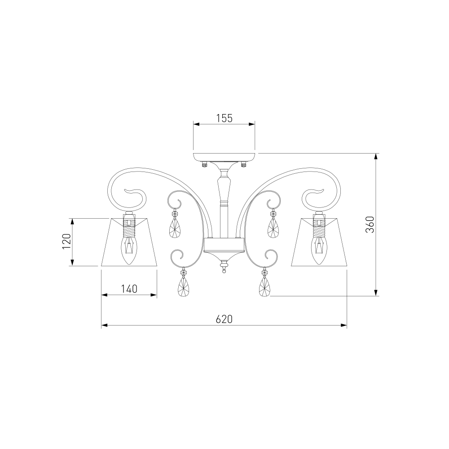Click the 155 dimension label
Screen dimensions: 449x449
click(x=224, y=118)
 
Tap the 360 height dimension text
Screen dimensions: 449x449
click(x=370, y=224)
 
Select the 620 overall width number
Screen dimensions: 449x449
click(x=224, y=319)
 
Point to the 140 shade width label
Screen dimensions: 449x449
click(x=129, y=289)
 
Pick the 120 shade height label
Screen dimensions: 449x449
click(x=66, y=242)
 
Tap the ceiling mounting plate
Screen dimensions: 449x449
click(x=224, y=157)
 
